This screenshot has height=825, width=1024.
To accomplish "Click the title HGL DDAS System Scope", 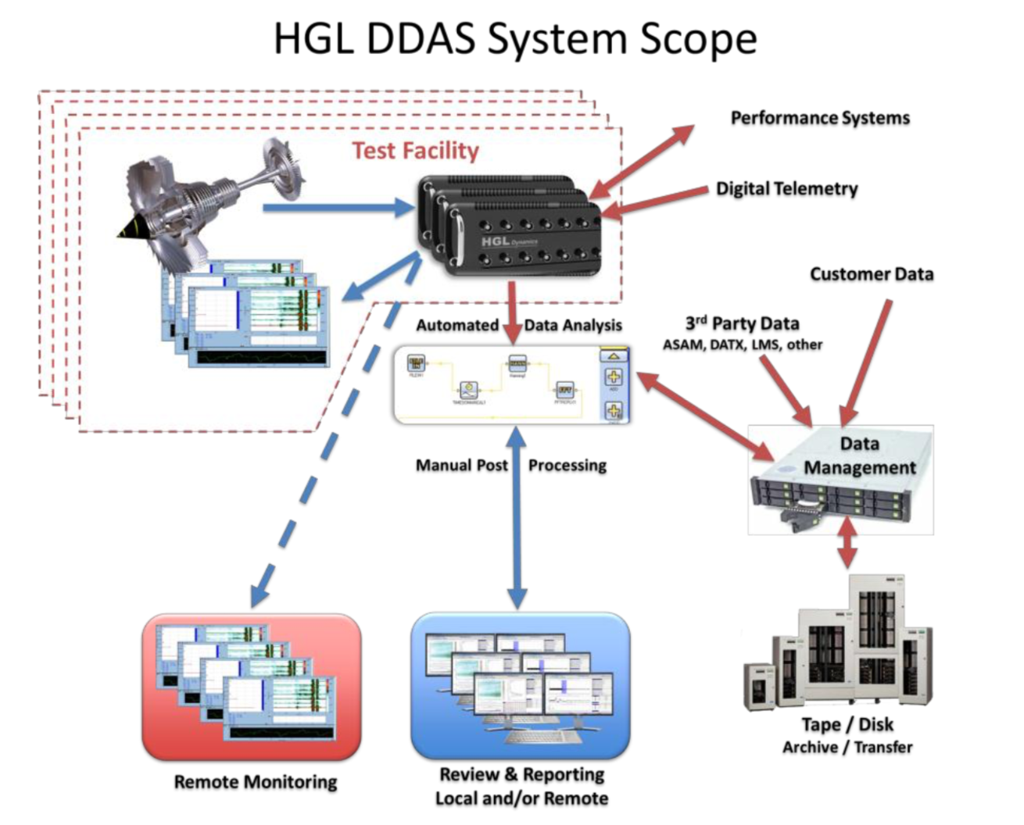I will click(515, 39).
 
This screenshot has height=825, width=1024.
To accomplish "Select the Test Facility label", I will click(415, 150).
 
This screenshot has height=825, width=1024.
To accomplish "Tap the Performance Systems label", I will click(820, 118).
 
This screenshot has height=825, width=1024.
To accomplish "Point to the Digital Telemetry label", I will click(786, 188).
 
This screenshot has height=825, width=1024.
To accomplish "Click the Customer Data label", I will click(871, 274).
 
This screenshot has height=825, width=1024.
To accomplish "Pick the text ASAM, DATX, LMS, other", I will click(742, 345).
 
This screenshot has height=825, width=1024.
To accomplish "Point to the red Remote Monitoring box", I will click(252, 687).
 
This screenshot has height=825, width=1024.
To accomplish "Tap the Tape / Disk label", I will click(847, 724).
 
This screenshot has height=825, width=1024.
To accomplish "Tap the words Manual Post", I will click(461, 466).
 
